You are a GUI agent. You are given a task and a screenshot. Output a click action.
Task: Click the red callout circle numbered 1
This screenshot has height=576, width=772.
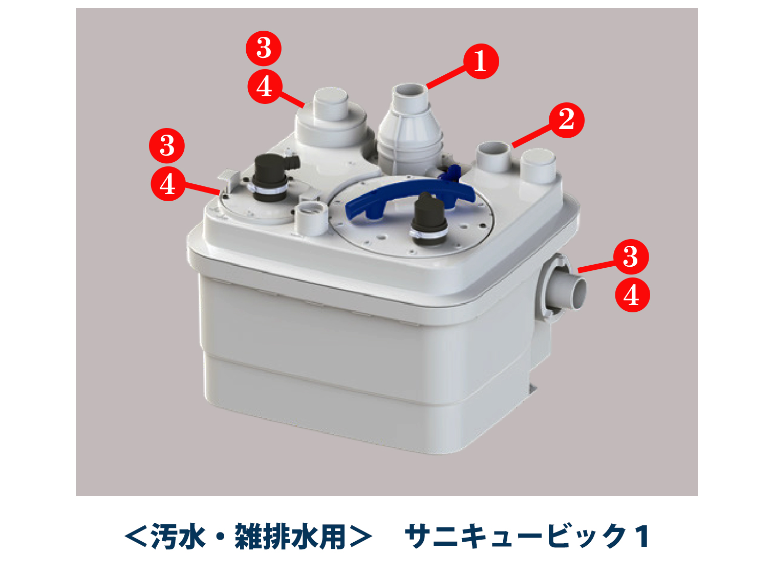click(x=480, y=61)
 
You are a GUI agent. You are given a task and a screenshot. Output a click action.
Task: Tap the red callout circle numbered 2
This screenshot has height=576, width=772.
click(x=566, y=120)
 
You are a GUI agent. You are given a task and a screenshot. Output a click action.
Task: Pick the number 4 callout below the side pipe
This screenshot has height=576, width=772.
click(x=632, y=295)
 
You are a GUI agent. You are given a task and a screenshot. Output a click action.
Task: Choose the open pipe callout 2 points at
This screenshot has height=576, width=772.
click(x=494, y=157)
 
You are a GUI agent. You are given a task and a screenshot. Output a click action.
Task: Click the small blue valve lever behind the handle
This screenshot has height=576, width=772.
click(x=451, y=174)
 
